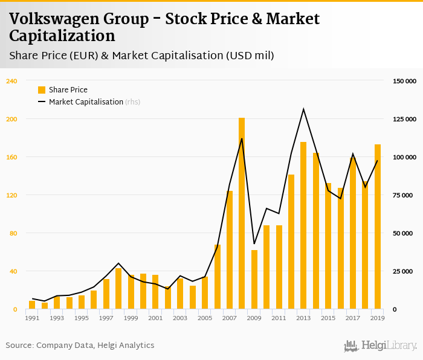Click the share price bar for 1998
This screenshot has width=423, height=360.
click(x=118, y=289)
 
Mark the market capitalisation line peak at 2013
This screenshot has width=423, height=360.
click(x=303, y=109)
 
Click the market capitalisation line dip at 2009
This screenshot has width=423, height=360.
click(x=254, y=243)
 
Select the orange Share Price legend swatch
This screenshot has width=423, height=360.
click(x=42, y=90)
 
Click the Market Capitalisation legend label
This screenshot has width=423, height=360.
click(x=86, y=102)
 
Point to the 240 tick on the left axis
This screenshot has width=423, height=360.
click(x=11, y=81)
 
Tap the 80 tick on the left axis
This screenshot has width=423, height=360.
click(x=13, y=233)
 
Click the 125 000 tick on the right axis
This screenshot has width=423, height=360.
click(x=404, y=119)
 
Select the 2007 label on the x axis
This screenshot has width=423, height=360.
click(x=230, y=318)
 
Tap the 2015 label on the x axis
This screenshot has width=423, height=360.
click(x=328, y=318)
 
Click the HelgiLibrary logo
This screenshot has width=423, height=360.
click(x=380, y=346)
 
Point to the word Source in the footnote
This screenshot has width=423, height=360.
click(x=19, y=346)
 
